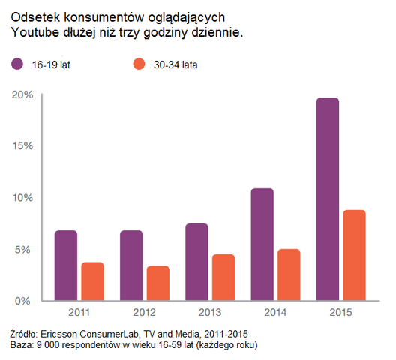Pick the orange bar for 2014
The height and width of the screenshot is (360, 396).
pos(289,274)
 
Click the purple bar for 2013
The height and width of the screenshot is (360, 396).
pos(196,262)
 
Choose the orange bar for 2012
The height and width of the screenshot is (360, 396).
pos(158,283)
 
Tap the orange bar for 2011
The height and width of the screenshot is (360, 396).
pos(93,281)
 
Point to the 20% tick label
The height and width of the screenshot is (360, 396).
pos(22,94)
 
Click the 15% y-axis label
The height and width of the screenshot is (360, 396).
pos(22,146)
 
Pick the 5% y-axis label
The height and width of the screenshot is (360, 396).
pos(24,249)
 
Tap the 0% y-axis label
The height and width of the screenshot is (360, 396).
pos(24,301)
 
